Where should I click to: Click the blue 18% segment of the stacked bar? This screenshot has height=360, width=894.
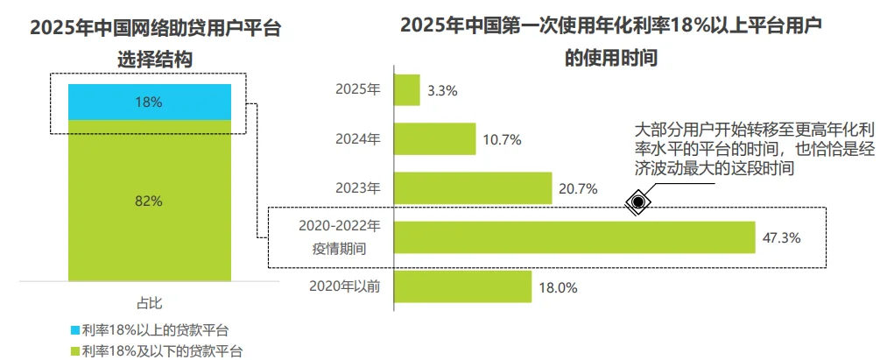149,102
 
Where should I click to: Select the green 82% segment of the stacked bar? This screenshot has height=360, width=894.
149,201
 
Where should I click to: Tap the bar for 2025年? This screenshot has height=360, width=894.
407,89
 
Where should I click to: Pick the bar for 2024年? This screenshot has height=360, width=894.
435,138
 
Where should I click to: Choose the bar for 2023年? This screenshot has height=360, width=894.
473,187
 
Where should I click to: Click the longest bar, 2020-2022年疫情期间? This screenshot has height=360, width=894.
574,236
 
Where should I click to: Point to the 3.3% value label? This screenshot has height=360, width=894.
442,90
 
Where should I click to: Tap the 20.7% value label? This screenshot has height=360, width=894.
579,188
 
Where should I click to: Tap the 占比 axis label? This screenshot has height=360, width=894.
149,303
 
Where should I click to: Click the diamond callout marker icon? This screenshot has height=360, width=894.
639,203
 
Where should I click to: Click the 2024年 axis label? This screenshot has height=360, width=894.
359,138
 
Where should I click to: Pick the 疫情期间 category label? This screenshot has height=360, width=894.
344,248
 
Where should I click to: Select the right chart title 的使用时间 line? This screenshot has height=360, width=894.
610,60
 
